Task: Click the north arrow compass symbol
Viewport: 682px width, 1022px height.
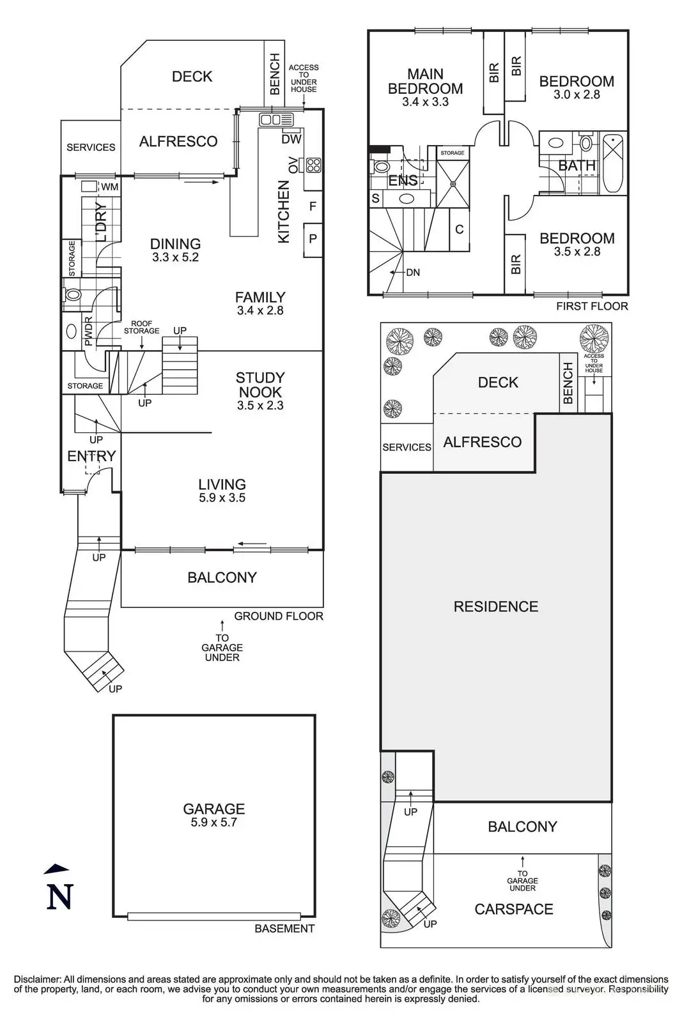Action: point(59,889)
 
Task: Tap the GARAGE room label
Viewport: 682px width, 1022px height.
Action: point(213,809)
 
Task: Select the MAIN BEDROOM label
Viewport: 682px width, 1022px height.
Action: point(425,81)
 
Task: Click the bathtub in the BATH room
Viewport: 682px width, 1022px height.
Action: point(613,162)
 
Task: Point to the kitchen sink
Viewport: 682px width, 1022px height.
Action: point(275,119)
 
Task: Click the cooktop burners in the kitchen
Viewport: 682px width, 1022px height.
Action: point(313,165)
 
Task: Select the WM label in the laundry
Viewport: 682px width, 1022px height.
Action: point(110,187)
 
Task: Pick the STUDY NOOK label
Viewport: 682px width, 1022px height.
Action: point(260,385)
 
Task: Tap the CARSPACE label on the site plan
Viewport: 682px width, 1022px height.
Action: point(513,909)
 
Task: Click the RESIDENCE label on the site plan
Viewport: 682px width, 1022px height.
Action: point(495,606)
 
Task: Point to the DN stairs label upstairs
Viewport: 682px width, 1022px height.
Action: point(413,273)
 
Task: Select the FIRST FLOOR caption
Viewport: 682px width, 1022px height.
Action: point(591,306)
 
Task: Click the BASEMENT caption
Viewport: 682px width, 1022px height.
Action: point(284,929)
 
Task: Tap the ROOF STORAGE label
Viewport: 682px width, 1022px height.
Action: point(141,327)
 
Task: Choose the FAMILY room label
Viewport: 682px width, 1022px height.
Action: point(260,297)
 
